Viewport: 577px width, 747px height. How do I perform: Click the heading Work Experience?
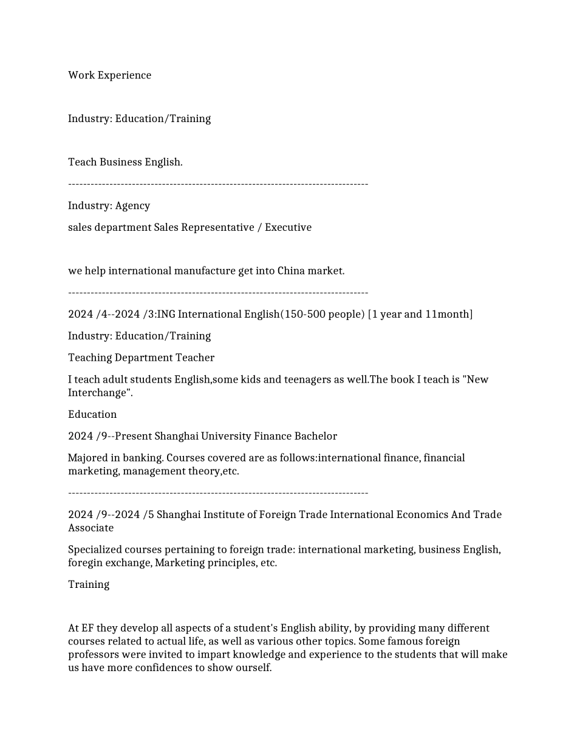pos(109,75)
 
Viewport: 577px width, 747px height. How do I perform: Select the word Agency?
pos(132,206)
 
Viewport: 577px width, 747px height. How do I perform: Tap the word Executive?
pos(288,228)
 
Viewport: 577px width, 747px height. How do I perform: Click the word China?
pos(291,271)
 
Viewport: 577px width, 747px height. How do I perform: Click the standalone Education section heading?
pos(92,415)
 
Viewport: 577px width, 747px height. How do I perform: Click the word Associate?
pos(90,528)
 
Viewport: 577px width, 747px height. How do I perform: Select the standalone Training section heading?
pos(89,585)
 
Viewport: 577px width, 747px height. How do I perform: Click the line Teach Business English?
pos(125,162)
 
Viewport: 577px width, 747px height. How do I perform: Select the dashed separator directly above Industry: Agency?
pos(218,184)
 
